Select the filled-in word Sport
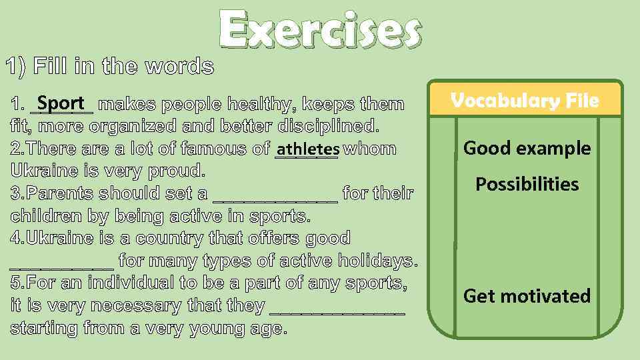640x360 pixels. coord(61,104)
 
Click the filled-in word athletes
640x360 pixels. coord(307,149)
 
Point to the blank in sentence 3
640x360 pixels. coord(275,195)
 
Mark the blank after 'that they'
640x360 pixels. coord(337,307)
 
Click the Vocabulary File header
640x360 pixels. coord(525,101)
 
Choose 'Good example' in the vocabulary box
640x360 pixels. coord(527,148)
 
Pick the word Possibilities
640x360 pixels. coord(527,184)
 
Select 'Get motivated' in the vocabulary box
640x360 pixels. coord(527,295)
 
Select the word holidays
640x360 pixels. coord(377,261)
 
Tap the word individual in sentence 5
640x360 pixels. coord(129,283)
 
